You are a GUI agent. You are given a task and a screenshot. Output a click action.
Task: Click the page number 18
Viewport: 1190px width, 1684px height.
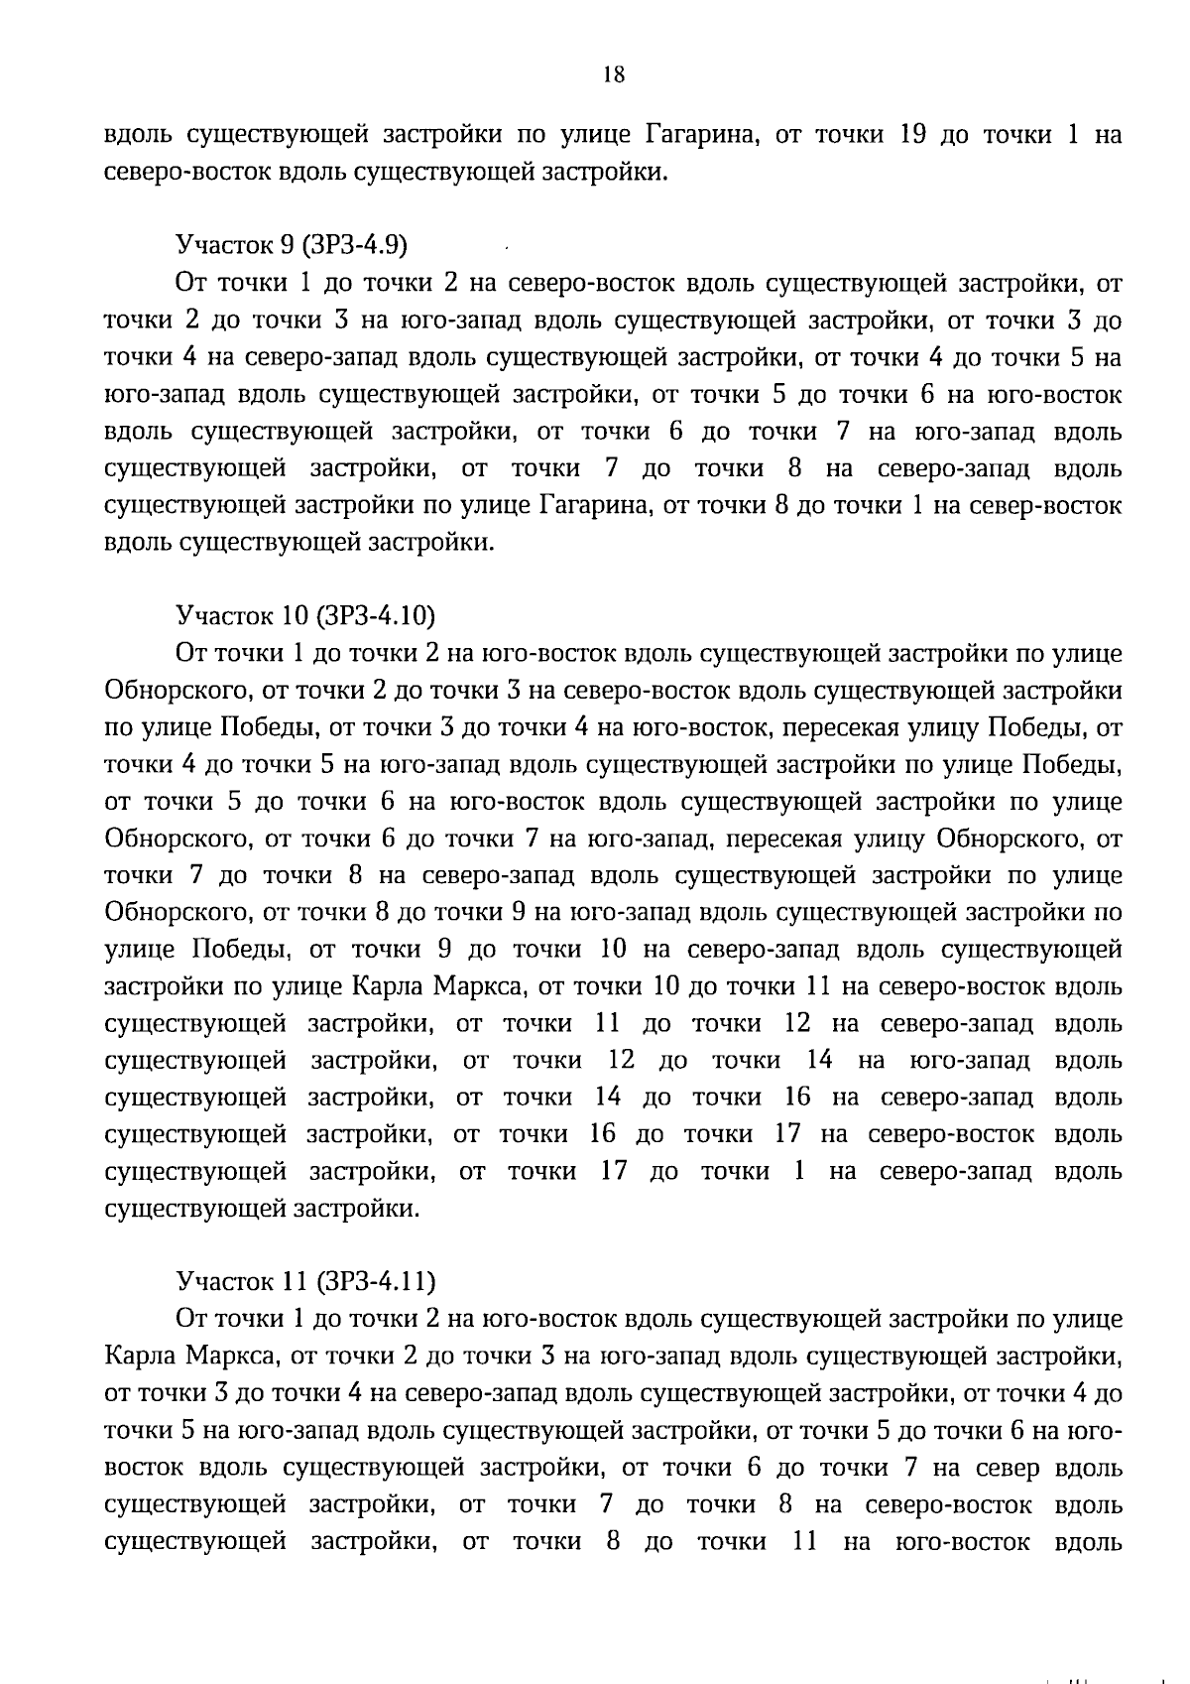coord(613,75)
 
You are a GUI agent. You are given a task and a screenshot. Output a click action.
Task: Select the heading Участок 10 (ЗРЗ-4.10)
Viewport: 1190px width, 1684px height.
coord(305,616)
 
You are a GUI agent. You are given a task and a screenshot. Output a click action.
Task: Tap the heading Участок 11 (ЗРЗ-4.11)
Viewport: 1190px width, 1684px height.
coord(305,1282)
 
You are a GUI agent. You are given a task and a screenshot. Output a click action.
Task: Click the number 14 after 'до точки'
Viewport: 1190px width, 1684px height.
coord(819,1061)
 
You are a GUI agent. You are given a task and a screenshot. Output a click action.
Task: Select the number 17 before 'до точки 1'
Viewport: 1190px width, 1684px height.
coord(614,1172)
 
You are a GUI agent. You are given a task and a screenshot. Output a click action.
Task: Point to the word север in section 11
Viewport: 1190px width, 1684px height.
coord(1007,1468)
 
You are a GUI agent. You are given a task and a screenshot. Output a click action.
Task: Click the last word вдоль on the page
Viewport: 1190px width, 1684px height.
coord(1090,1542)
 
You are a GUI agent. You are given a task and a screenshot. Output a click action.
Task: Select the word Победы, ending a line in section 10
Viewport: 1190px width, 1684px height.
coord(1072,766)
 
